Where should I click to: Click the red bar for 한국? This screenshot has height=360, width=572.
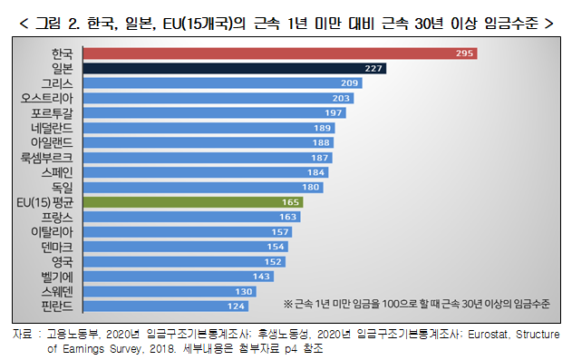coord(272,54)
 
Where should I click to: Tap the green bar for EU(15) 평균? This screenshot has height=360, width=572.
coord(190,202)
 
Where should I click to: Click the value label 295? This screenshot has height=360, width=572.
coord(466,54)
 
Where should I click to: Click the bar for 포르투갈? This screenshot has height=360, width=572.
coord(208,112)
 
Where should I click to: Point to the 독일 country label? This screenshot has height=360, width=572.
coord(62,187)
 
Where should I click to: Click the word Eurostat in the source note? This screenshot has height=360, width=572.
coord(490,334)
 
